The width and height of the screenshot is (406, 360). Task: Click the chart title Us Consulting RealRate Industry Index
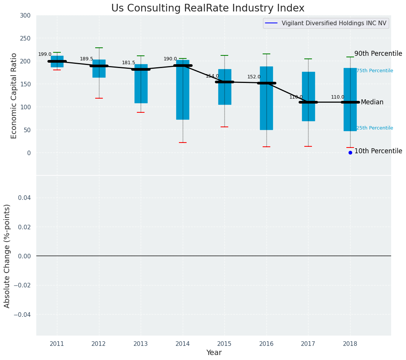208,8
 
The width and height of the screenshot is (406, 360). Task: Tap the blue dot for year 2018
350,152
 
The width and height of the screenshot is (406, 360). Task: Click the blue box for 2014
183,90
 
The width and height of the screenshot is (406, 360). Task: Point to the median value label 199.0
45,55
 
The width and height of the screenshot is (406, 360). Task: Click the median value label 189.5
86,59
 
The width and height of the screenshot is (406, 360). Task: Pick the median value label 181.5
128,63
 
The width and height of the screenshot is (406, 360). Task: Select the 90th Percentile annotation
378,54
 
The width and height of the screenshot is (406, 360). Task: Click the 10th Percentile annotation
378,151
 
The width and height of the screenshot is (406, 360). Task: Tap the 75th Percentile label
375,71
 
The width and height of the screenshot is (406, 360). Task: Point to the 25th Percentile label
375,128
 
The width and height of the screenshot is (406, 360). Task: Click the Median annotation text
372,102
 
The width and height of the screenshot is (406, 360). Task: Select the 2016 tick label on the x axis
266,344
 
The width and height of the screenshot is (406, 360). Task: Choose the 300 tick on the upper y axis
25,15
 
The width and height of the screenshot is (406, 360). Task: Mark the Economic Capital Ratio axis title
14,96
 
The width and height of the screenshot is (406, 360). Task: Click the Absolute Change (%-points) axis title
7,256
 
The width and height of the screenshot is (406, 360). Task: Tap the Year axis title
214,353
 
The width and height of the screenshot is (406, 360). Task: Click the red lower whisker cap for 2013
141,112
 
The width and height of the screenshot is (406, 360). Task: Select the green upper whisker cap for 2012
99,48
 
